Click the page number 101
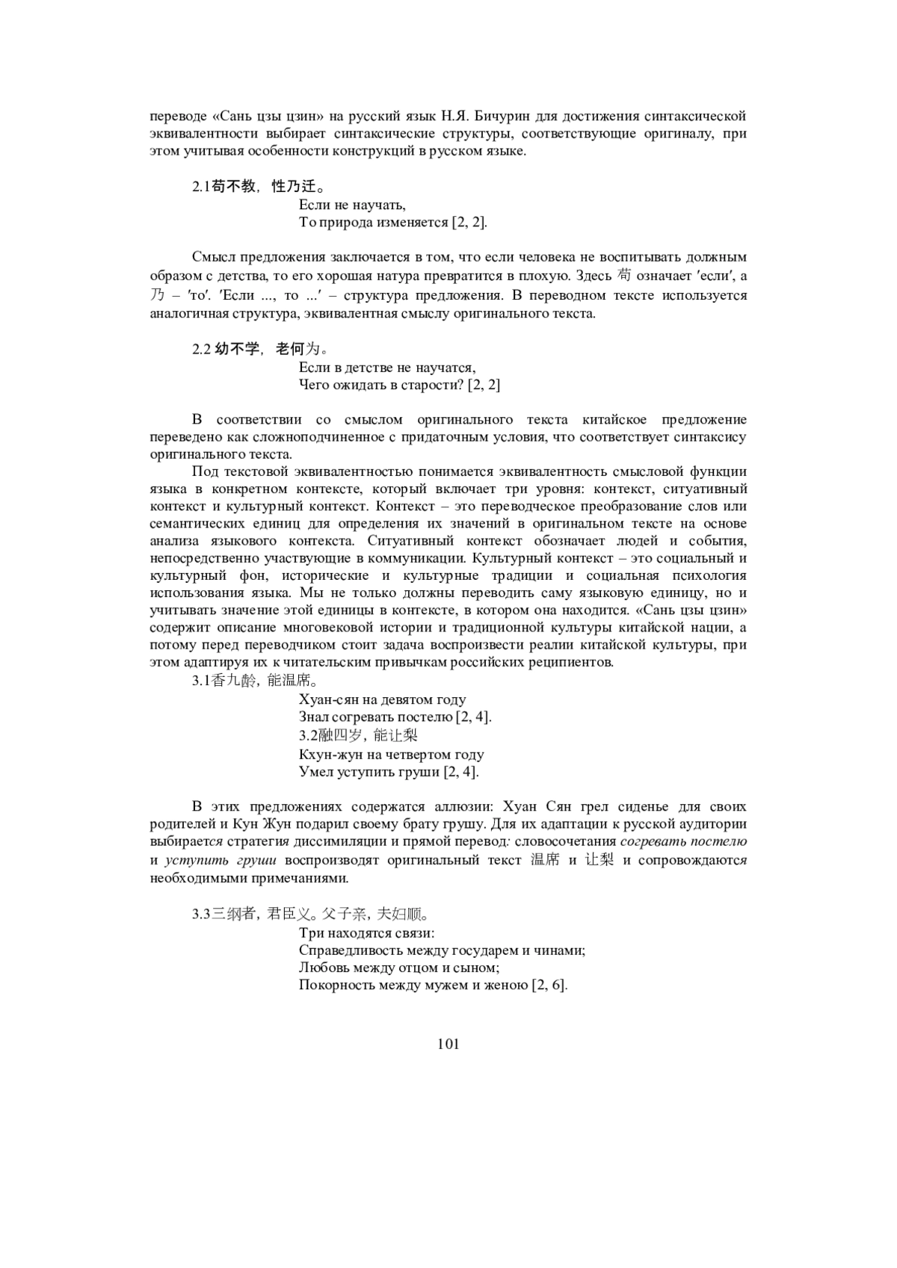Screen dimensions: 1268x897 pos(448,1044)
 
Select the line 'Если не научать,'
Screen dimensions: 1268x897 pos(352,205)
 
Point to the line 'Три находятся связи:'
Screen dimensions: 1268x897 pos(366,933)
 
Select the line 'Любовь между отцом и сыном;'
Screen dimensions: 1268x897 pos(388,968)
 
